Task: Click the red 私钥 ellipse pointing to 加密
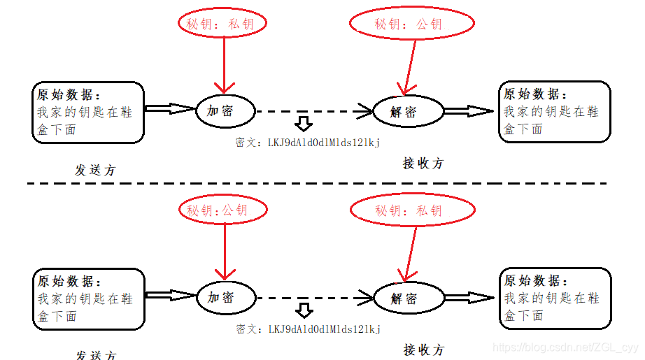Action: coord(224,24)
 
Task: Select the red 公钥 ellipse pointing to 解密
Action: coord(412,24)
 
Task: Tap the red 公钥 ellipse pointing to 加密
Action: coord(224,210)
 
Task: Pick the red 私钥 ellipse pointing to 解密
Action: coord(412,210)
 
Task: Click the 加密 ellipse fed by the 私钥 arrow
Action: coord(224,111)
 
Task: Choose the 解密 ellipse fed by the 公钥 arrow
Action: coord(409,111)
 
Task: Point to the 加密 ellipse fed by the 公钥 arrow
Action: coord(224,297)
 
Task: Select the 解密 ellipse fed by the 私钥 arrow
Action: coord(409,298)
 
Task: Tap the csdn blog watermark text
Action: coord(566,347)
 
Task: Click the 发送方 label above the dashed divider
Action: coord(95,170)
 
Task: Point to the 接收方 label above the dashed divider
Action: coord(423,163)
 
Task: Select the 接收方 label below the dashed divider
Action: coord(423,350)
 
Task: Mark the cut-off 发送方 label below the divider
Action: coord(95,355)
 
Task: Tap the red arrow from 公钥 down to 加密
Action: coord(224,250)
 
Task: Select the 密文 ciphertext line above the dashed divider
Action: coord(308,142)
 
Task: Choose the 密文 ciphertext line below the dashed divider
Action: coord(308,329)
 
